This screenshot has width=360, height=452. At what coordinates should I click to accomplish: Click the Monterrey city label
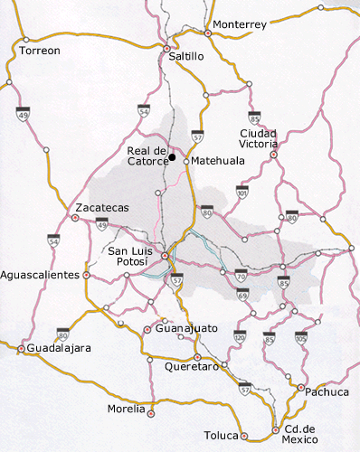pos(239,24)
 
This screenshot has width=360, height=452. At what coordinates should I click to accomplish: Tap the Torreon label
pos(40,52)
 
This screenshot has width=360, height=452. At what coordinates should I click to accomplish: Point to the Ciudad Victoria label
pos(259,137)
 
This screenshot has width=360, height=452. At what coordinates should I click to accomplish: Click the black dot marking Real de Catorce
pos(173,156)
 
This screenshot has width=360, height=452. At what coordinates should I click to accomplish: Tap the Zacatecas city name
pos(102,207)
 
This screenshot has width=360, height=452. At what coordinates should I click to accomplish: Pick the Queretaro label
pos(193,367)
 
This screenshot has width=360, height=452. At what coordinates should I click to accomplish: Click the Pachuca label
pos(328,392)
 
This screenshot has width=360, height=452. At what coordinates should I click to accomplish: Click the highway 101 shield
pos(242,192)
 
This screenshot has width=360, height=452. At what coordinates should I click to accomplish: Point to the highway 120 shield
pos(239,337)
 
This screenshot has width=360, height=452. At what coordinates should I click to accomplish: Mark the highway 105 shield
pos(300,337)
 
